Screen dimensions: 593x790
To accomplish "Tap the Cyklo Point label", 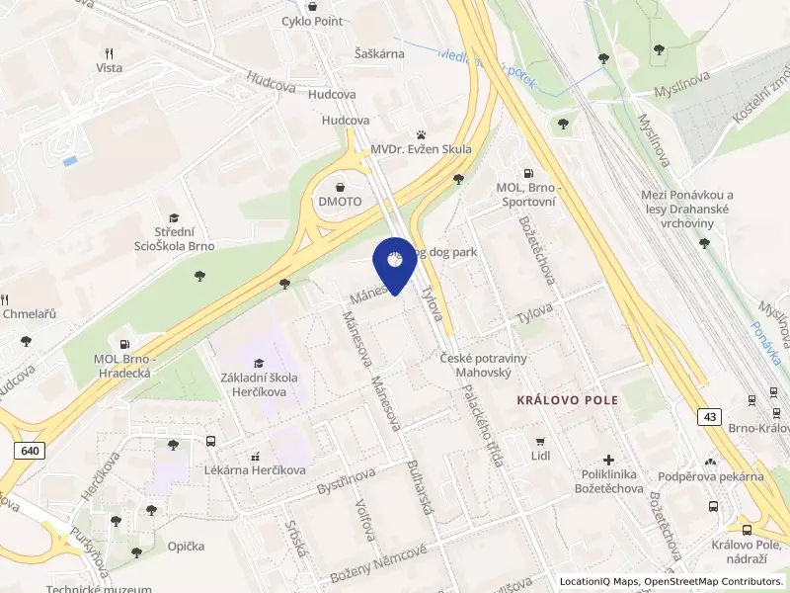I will pyautogui.click(x=313, y=21).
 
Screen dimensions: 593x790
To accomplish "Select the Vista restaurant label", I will pyautogui.click(x=110, y=67).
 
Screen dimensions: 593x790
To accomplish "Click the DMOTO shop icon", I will pyautogui.click(x=341, y=186).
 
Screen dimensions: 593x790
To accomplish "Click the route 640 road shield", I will pyautogui.click(x=30, y=451).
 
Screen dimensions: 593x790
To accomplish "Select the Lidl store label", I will pyautogui.click(x=539, y=457).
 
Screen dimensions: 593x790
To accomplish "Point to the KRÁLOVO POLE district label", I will pyautogui.click(x=568, y=400).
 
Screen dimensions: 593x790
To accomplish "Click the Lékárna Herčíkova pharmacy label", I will pyautogui.click(x=256, y=470).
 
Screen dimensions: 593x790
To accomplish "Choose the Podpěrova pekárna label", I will pyautogui.click(x=711, y=476).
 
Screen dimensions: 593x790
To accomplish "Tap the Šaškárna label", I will pyautogui.click(x=379, y=54).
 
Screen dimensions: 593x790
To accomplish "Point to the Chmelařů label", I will pyautogui.click(x=30, y=314).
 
